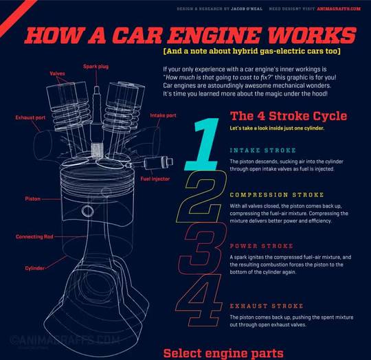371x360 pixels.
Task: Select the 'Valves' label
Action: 58,73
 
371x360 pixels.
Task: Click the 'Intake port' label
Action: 163,115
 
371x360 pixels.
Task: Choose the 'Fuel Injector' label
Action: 155,179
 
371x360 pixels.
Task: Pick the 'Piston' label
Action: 32,199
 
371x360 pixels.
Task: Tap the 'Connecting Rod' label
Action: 34,237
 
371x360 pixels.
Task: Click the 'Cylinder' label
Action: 36,267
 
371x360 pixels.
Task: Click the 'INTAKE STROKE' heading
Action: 263,150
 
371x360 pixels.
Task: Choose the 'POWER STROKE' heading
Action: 262,245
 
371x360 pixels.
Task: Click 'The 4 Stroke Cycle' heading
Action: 289,115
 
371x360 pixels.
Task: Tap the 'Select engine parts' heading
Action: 223,352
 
